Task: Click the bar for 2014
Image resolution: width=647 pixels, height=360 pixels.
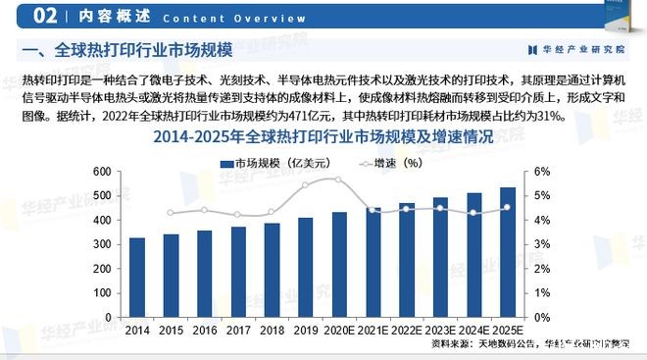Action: pos(137,278)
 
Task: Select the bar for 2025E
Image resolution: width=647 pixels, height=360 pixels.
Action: pos(508,252)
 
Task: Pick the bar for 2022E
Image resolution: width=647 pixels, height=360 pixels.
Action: pos(407,260)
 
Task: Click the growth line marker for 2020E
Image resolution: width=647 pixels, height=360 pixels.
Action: pos(339,180)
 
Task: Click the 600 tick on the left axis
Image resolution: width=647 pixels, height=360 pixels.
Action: pos(102,172)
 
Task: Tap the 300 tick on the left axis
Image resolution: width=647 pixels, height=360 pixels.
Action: pos(102,244)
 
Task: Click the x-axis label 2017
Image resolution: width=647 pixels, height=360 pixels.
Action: pos(238,333)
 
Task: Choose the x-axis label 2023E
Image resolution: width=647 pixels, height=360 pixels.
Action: pos(440,333)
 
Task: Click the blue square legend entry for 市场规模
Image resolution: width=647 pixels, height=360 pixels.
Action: pos(226,164)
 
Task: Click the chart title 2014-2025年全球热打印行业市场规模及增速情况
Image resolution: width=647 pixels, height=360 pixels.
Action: pos(323,138)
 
